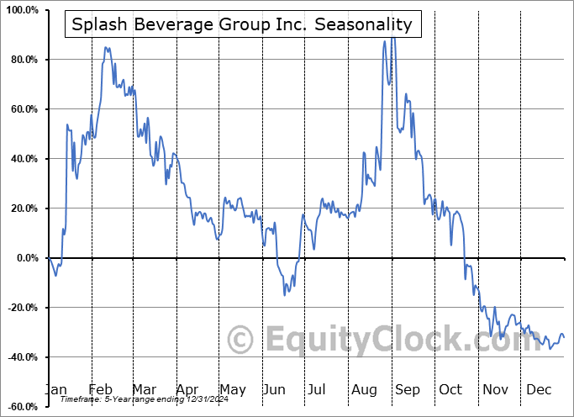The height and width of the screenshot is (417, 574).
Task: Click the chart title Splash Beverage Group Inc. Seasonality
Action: point(242,24)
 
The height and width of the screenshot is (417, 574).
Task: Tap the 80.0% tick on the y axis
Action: point(22,60)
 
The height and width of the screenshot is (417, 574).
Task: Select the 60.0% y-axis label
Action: point(22,109)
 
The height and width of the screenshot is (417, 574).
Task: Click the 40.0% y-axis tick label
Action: point(22,159)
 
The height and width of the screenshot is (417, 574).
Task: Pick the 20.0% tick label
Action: point(22,208)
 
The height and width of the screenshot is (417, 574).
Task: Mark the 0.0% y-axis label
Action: point(25,258)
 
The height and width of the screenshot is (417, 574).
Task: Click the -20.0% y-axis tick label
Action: point(20,308)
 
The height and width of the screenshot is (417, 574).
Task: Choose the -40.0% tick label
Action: point(20,357)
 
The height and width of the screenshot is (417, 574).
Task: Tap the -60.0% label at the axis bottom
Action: point(20,407)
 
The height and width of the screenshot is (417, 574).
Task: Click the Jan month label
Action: point(55,389)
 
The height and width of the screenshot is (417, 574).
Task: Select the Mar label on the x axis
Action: point(144,389)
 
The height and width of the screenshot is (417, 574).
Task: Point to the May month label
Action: point(232,389)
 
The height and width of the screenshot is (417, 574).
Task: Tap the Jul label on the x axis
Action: point(318,389)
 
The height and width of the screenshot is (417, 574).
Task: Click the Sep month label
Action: point(408,389)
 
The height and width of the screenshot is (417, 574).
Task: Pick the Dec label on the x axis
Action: point(540,389)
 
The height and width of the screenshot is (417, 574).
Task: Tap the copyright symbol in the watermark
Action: point(242,340)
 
